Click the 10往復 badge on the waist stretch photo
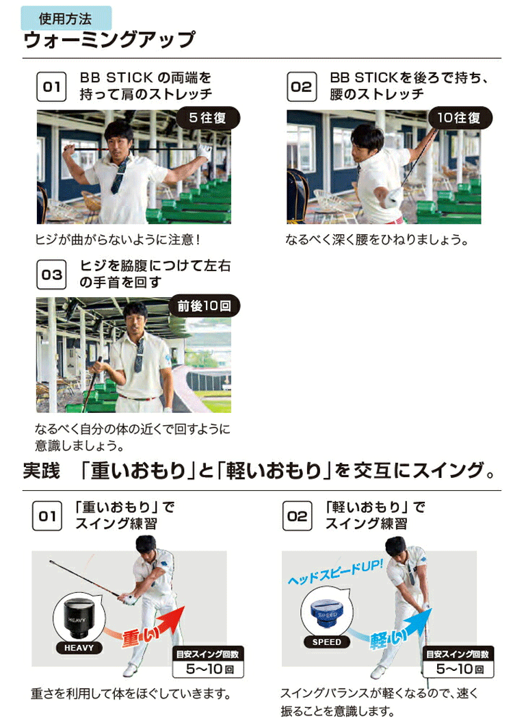(x=460, y=118)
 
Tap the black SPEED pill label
(x=327, y=642)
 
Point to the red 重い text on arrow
(x=139, y=637)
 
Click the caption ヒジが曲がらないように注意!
(x=116, y=240)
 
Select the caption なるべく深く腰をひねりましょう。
(x=376, y=240)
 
